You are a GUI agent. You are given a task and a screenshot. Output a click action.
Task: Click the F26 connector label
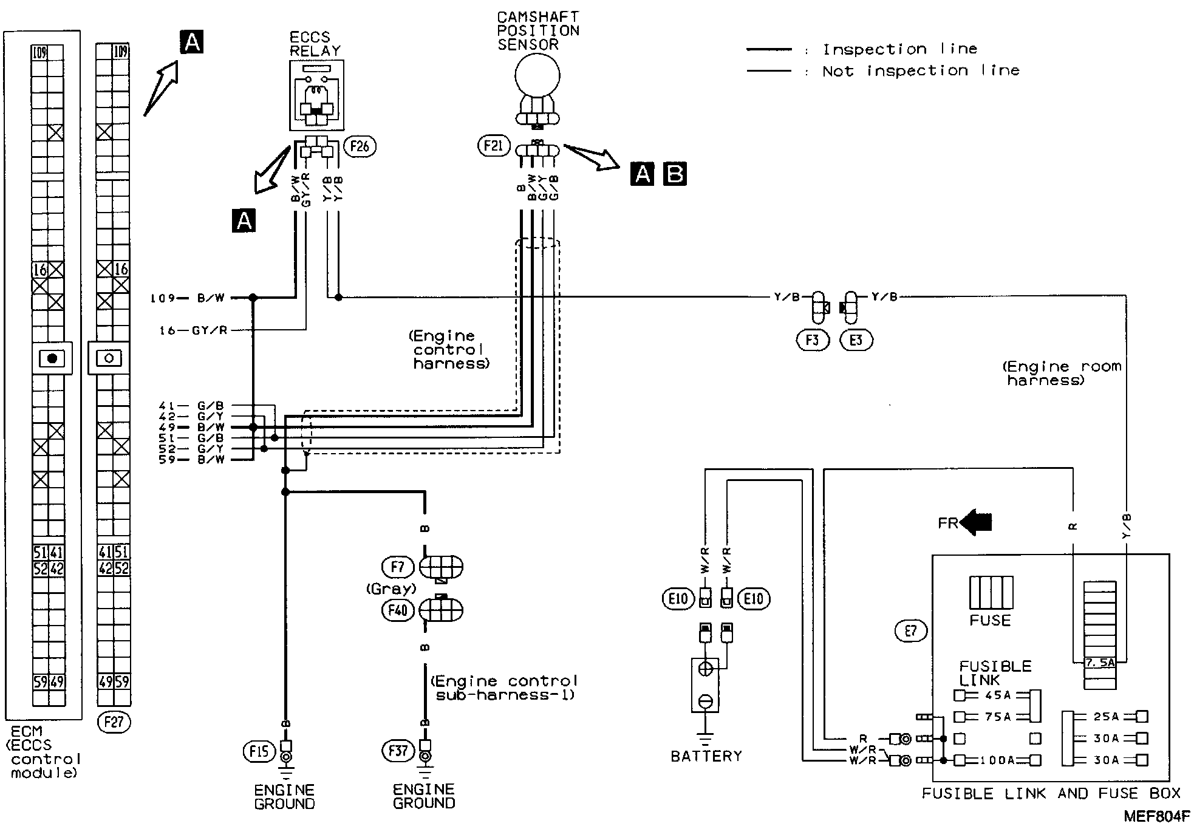point(360,146)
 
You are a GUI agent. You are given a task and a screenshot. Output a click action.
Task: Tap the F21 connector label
point(493,146)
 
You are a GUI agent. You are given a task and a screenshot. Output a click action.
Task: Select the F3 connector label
point(812,340)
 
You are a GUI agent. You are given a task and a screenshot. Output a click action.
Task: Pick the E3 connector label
point(856,340)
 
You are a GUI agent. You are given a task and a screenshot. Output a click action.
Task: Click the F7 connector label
point(397,567)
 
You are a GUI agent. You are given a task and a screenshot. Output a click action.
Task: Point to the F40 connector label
point(397,609)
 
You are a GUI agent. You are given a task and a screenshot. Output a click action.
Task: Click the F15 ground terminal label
point(259,751)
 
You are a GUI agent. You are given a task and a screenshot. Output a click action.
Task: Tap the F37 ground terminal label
point(398,751)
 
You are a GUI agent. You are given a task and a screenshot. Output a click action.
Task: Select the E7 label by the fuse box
point(910,631)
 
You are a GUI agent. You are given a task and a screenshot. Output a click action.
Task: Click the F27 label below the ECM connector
point(114,722)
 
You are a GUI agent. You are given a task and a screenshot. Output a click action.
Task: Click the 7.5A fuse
point(1100,663)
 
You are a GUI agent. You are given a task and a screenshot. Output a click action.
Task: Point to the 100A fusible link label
point(996,760)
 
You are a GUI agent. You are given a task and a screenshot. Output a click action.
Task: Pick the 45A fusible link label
point(996,695)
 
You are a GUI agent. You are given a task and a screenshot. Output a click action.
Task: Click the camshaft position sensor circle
point(537,77)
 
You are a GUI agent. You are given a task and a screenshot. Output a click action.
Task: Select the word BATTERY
point(706,756)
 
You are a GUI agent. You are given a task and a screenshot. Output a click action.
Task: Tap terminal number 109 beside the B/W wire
point(162,298)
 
